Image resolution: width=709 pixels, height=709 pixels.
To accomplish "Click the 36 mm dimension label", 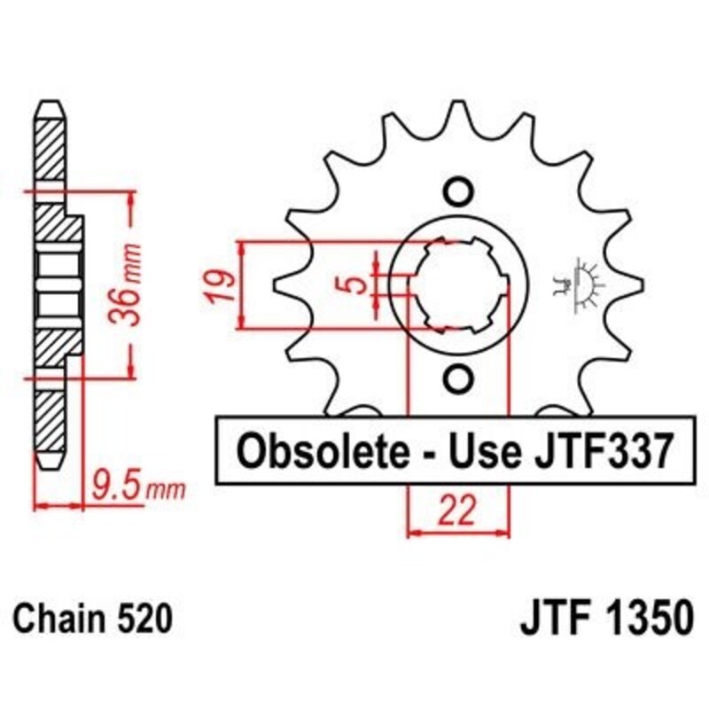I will pos(129,283).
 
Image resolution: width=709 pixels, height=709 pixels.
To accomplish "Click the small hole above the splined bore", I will pos(458,191).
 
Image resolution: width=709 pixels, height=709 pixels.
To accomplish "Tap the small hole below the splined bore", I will pos(458,378).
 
